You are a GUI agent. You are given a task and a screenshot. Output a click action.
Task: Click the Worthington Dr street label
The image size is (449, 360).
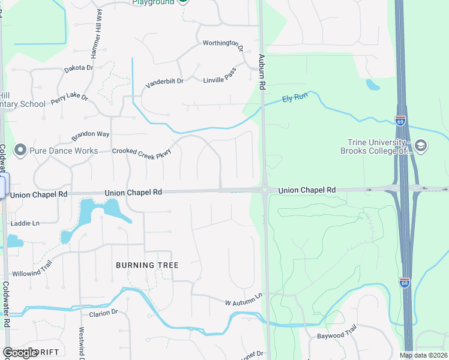(x=223, y=43)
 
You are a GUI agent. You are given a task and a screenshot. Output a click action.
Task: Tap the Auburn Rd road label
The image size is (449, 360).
(x=262, y=72)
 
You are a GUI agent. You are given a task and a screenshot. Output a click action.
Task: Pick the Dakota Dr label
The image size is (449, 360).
(x=79, y=68)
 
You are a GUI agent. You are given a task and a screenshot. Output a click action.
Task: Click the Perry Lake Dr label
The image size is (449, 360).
(x=69, y=96)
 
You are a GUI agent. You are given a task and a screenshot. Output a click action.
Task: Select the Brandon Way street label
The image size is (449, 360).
(x=91, y=136)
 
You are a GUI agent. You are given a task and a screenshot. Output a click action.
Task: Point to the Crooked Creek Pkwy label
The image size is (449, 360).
(x=142, y=151)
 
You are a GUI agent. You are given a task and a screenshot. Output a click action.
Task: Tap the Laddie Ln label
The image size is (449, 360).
(x=25, y=223)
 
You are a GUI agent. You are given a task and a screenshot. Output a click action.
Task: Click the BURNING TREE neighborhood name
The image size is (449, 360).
(x=147, y=265)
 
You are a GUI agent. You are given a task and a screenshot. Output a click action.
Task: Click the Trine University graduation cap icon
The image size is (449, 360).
(x=420, y=145)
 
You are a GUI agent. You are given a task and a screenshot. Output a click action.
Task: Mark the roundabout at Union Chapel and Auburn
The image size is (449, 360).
(x=264, y=190)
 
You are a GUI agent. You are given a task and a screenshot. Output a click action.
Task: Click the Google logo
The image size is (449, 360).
(x=20, y=353)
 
